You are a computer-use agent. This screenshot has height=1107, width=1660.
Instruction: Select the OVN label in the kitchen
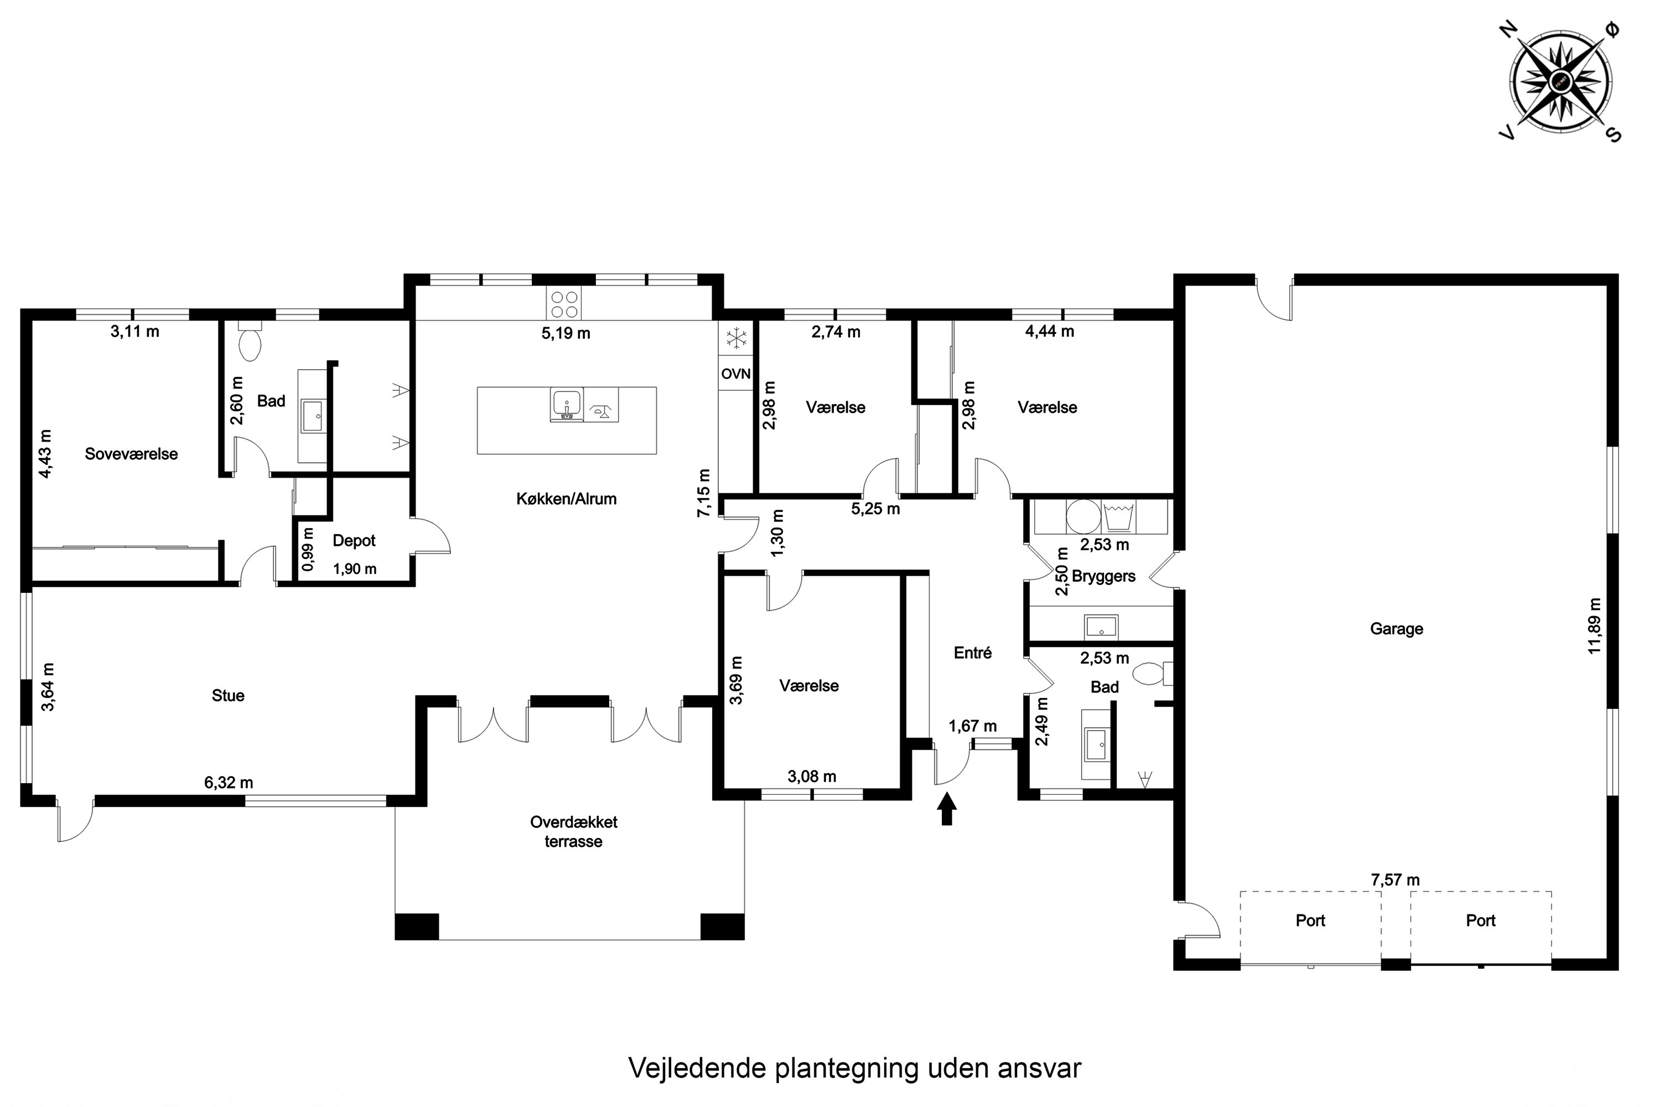(735, 374)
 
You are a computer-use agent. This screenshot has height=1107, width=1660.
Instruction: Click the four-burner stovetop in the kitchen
(564, 304)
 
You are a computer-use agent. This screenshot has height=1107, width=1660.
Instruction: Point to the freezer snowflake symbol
(736, 338)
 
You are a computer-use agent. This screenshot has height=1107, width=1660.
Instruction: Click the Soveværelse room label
(131, 454)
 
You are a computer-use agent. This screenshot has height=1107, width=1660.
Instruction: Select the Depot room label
(354, 541)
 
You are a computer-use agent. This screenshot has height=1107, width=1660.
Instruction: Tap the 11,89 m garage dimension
(1594, 626)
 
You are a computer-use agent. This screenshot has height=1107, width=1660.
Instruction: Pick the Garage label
(1396, 629)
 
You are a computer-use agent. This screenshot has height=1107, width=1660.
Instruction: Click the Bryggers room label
(1103, 576)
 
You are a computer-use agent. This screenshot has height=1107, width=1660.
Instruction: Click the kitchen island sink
(566, 405)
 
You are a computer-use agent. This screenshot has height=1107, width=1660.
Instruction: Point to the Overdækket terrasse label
(573, 832)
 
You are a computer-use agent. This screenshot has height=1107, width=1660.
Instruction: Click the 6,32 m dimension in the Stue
(229, 782)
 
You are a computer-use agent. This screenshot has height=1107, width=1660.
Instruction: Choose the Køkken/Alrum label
(566, 499)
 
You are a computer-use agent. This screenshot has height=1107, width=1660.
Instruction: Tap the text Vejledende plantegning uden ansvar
(854, 1068)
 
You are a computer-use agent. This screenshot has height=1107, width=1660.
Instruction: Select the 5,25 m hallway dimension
(875, 509)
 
